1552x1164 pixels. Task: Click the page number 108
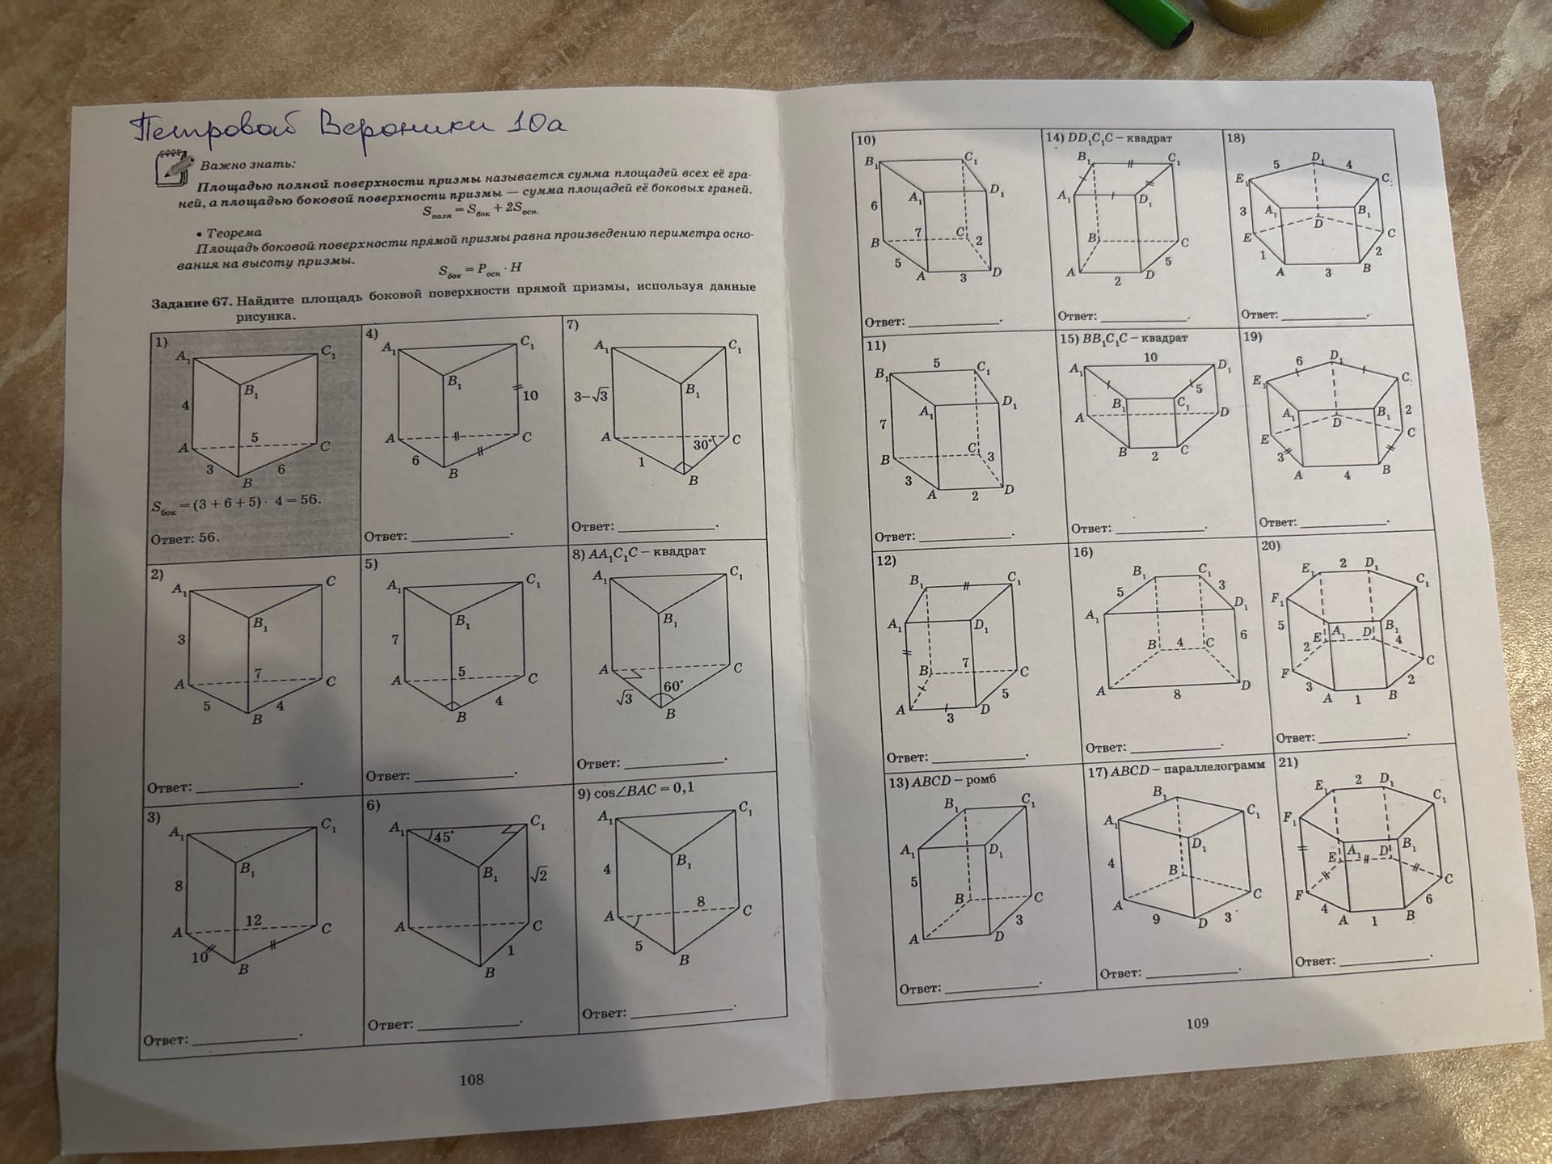click(x=471, y=1079)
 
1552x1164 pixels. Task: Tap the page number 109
click(x=1197, y=1023)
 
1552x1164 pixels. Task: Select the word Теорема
click(x=234, y=233)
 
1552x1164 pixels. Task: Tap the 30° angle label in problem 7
click(x=703, y=445)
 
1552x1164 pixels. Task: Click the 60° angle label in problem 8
click(x=673, y=686)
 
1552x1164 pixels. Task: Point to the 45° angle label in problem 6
click(x=442, y=837)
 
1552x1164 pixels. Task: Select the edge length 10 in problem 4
click(x=530, y=395)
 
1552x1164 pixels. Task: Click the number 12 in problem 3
click(x=254, y=920)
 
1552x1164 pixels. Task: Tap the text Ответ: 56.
click(x=185, y=538)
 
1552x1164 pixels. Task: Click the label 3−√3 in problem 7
click(x=591, y=396)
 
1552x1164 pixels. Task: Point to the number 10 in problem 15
click(x=1150, y=357)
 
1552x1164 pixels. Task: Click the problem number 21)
click(x=1288, y=763)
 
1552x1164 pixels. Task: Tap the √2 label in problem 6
click(x=538, y=875)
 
